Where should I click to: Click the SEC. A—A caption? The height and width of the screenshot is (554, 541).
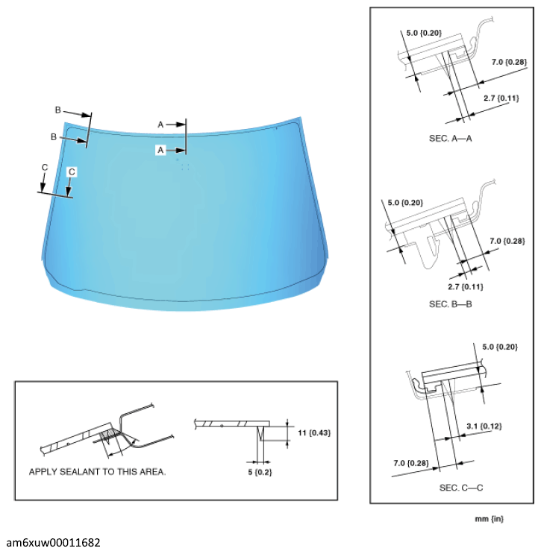pyautogui.click(x=452, y=138)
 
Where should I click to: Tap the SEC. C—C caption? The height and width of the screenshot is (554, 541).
pyautogui.click(x=452, y=487)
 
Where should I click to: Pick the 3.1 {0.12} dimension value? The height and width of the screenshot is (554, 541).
pyautogui.click(x=484, y=426)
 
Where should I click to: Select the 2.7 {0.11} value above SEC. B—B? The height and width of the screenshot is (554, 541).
pyautogui.click(x=465, y=286)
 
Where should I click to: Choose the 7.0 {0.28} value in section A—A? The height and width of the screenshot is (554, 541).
pyautogui.click(x=510, y=60)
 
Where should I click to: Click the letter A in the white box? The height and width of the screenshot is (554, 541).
pyautogui.click(x=160, y=150)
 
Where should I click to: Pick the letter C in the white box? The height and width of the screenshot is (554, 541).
pyautogui.click(x=72, y=171)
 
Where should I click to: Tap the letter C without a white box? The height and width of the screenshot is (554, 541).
pyautogui.click(x=44, y=167)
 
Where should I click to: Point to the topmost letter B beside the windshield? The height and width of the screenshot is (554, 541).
pyautogui.click(x=57, y=110)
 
